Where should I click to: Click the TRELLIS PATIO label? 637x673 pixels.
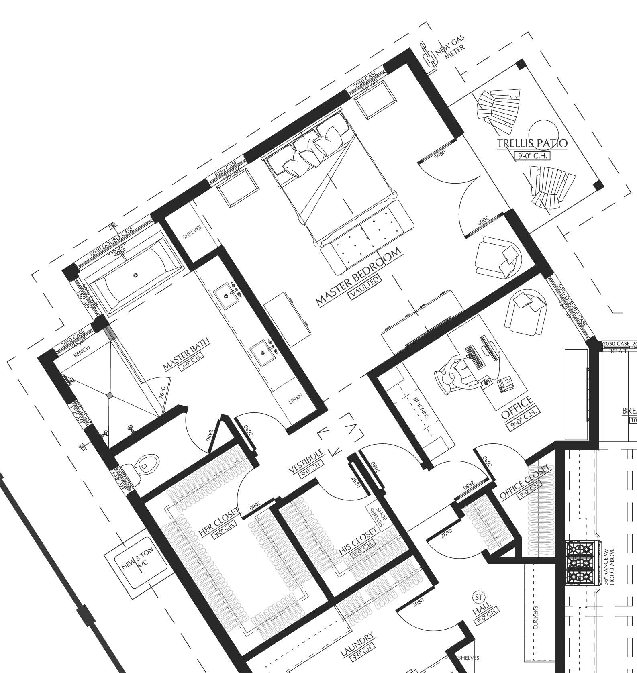click(x=532, y=143)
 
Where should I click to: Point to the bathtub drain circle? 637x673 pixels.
click(x=136, y=275)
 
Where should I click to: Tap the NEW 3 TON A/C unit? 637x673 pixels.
click(x=136, y=564)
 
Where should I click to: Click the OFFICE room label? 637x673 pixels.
click(x=517, y=407)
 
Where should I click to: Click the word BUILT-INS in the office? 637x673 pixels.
click(x=421, y=408)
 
